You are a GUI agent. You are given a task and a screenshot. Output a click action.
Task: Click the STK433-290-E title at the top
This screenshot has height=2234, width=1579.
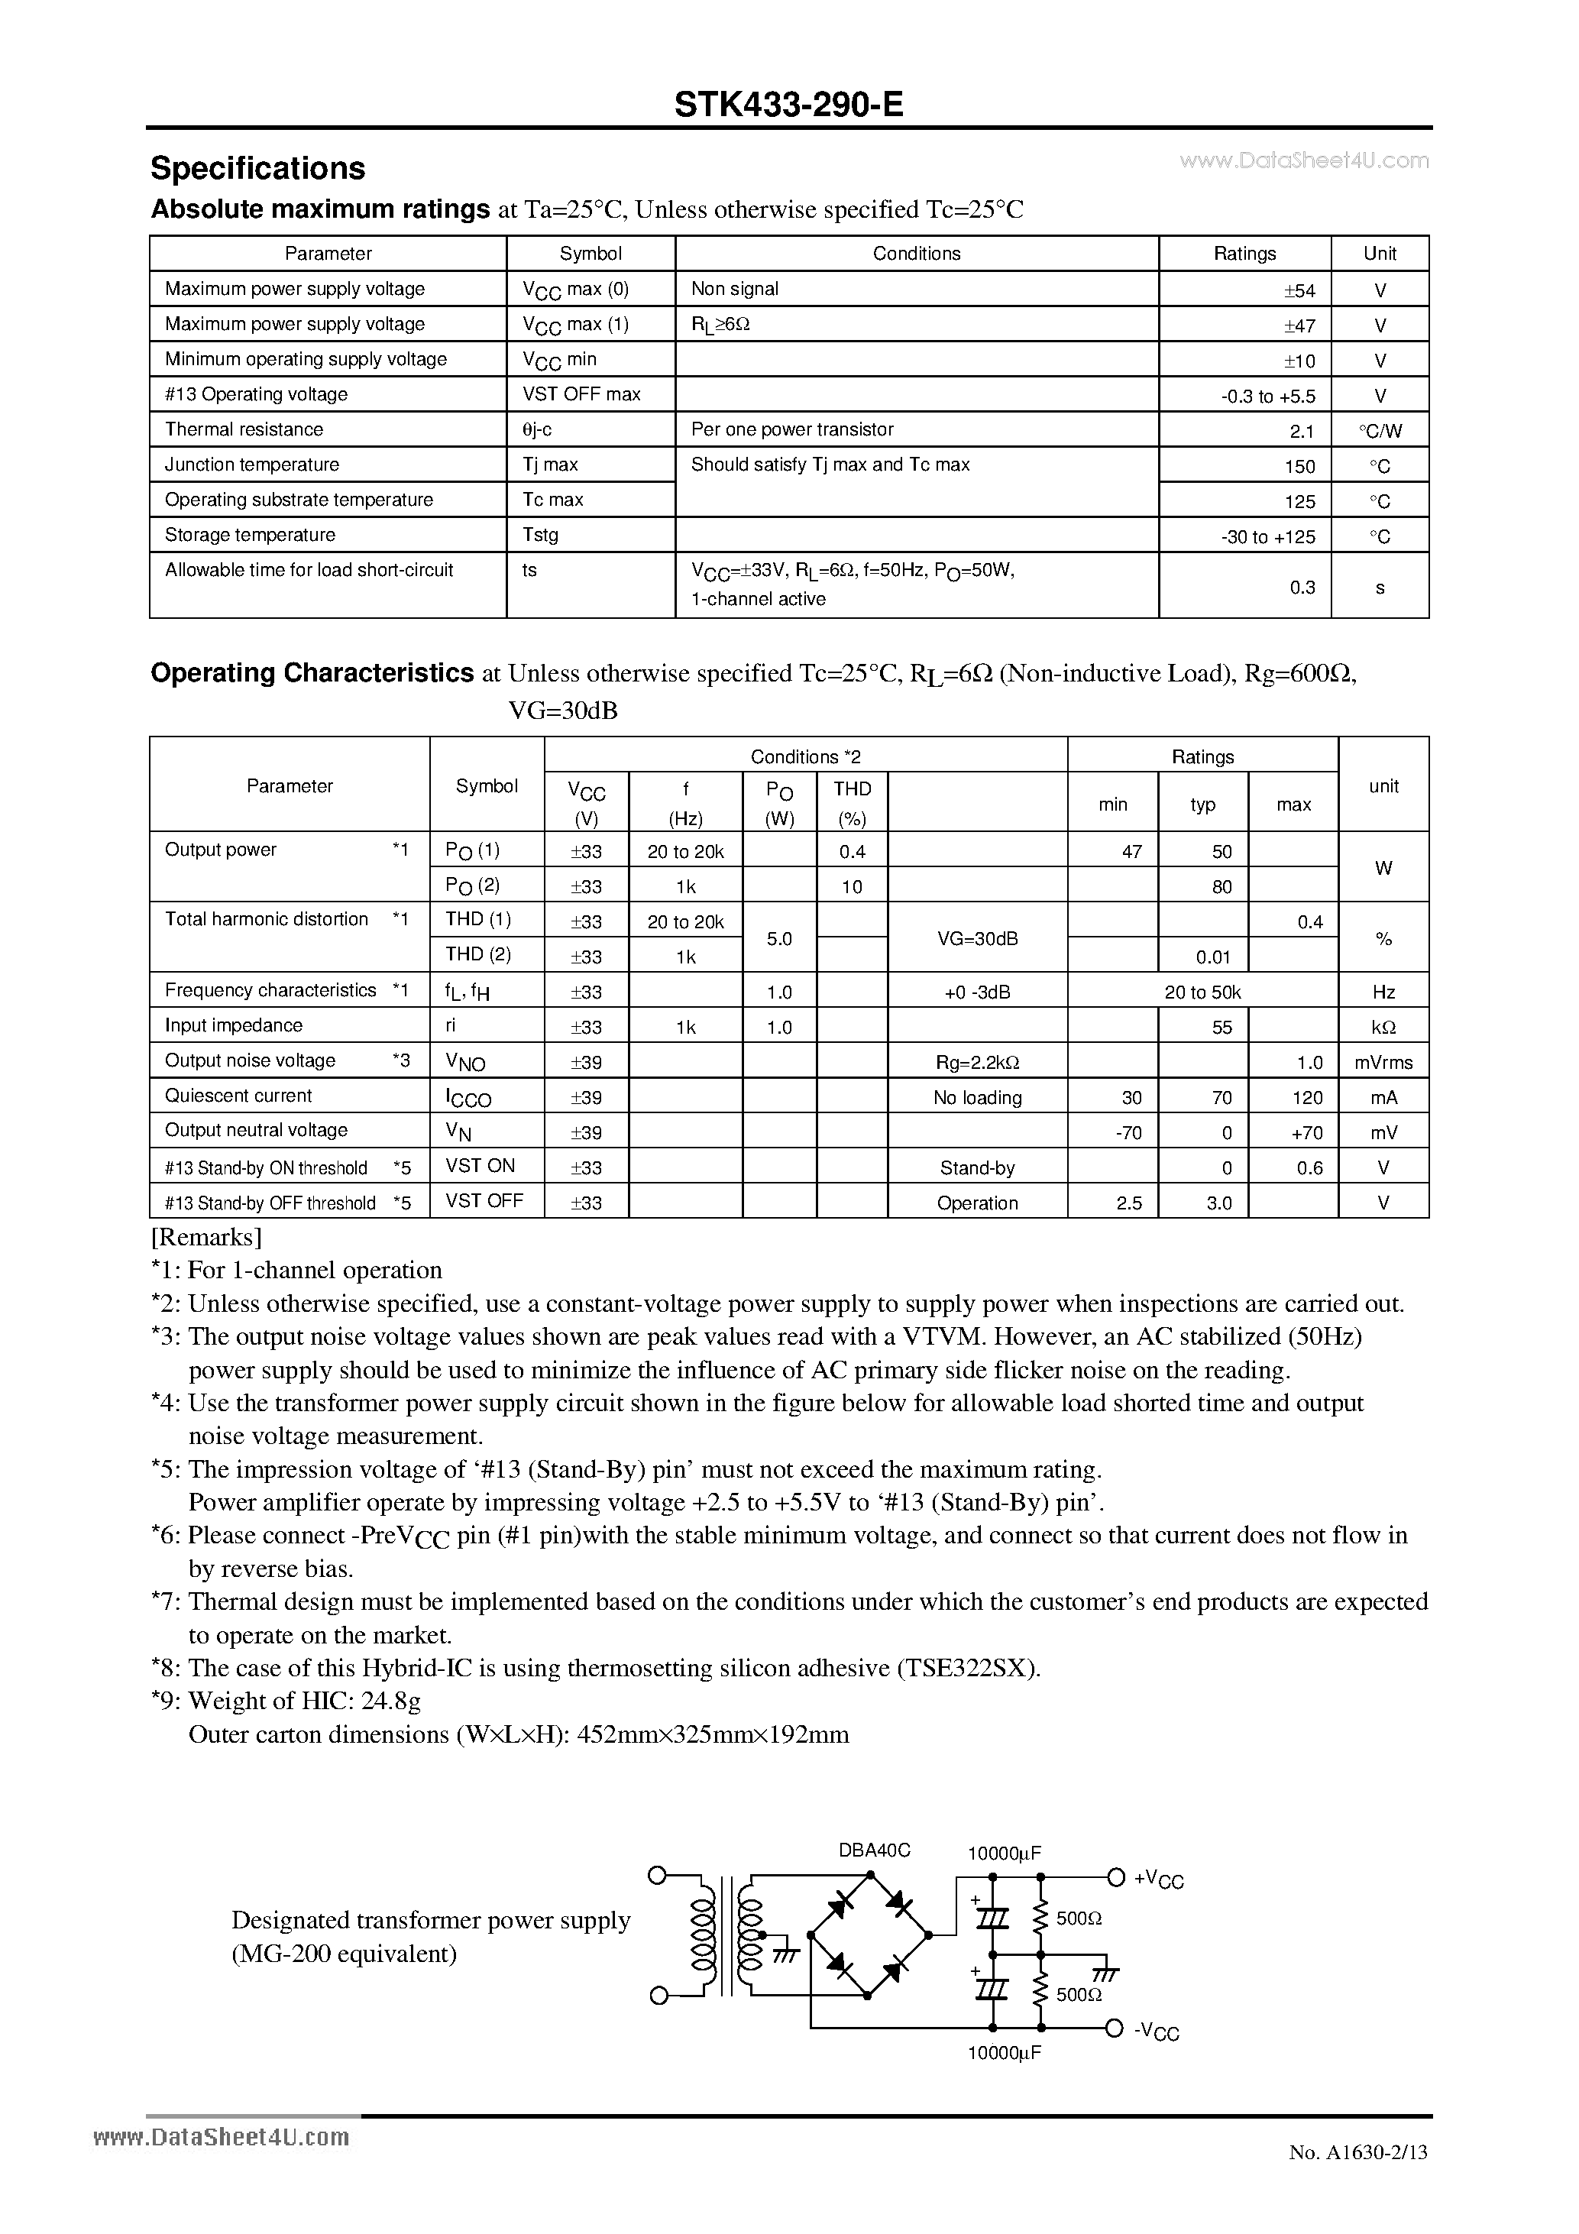point(788,104)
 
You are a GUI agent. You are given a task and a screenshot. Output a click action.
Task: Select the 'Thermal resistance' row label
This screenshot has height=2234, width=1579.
point(244,429)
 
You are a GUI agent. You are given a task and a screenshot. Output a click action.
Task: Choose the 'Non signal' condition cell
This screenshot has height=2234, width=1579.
point(735,289)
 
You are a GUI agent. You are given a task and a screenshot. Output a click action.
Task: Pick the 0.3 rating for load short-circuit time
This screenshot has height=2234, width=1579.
point(1302,587)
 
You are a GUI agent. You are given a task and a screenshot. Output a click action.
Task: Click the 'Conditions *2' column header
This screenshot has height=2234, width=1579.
point(806,756)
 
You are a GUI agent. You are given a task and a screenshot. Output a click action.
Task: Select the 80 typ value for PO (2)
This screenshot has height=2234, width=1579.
point(1222,886)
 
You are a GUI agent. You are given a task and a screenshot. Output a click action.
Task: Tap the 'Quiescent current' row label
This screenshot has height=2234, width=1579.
point(238,1096)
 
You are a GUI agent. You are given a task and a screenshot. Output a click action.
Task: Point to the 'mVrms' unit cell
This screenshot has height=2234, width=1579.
point(1383,1063)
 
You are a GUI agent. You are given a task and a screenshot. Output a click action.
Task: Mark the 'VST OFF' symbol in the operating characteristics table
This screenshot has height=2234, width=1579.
point(484,1201)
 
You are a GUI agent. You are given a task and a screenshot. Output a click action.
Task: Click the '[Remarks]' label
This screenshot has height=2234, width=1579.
point(206,1237)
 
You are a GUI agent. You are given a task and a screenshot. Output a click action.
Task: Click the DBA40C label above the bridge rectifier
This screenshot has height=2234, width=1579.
point(874,1850)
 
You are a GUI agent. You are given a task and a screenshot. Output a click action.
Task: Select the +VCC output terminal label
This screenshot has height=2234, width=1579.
point(1158,1879)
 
